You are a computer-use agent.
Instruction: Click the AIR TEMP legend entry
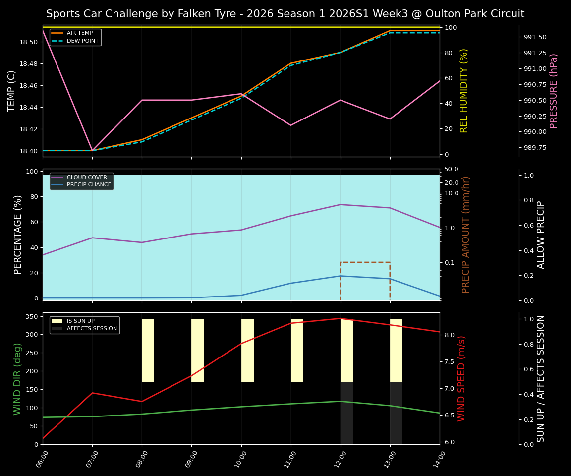point(79,33)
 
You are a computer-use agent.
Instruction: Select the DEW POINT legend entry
point(82,41)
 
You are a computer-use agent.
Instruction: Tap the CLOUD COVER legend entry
point(87,177)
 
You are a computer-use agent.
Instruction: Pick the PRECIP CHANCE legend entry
point(89,184)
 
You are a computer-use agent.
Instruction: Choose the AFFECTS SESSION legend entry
point(92,328)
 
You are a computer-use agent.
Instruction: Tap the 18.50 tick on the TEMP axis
point(28,42)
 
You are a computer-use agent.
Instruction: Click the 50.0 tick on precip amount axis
point(451,170)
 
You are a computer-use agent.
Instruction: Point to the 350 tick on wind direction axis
point(32,316)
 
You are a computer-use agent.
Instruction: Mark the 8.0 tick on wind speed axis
point(449,335)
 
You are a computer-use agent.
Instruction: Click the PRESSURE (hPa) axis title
point(554,91)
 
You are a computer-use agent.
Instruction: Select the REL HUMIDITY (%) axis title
point(464,91)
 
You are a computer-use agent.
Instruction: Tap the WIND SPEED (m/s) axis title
point(461,378)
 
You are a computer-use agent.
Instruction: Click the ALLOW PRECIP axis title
point(541,235)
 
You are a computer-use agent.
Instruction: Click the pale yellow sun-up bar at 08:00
point(148,350)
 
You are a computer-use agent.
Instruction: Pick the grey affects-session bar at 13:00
point(396,413)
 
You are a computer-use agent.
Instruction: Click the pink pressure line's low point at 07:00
point(92,150)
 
